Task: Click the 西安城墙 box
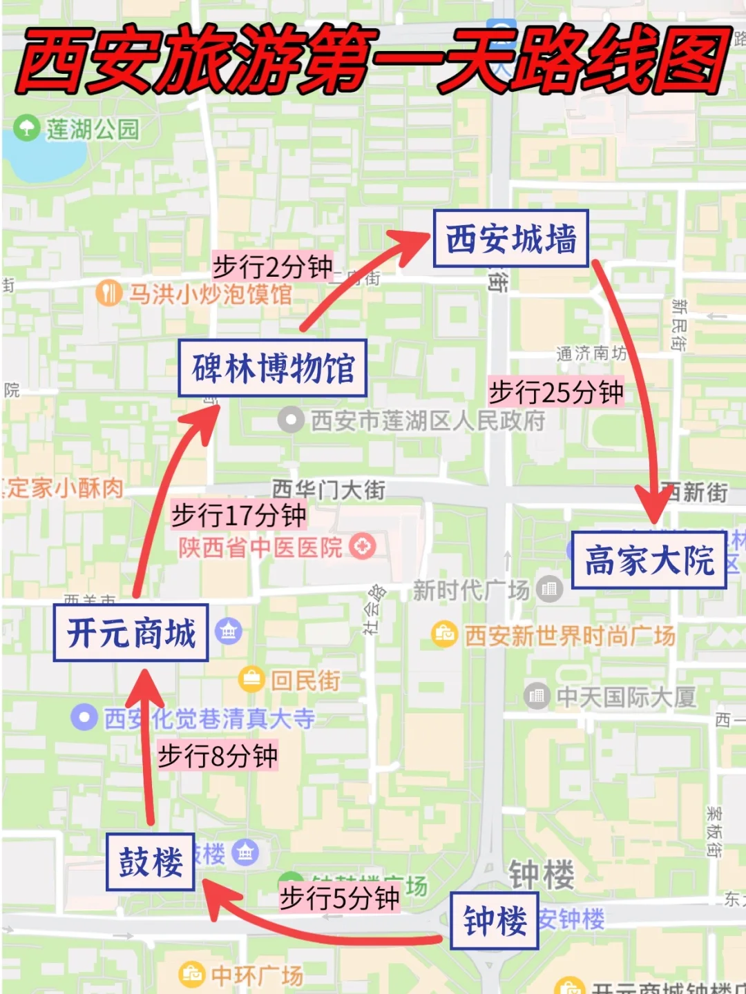[510, 239]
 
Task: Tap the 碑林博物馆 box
[272, 368]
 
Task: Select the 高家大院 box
[649, 560]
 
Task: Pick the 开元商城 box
[131, 632]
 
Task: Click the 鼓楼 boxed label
[151, 861]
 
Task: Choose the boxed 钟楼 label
[495, 921]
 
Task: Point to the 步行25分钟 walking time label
[556, 392]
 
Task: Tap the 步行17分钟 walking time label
[238, 514]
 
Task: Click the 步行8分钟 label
[218, 756]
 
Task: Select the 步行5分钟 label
[339, 898]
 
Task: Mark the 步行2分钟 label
[272, 266]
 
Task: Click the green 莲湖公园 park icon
[26, 128]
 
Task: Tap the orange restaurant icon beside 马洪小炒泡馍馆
[108, 293]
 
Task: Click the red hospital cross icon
[362, 547]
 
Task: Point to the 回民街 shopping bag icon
[251, 679]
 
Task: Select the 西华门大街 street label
[329, 489]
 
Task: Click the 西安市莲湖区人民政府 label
[428, 420]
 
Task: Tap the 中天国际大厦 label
[626, 696]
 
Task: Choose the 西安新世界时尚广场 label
[569, 635]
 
